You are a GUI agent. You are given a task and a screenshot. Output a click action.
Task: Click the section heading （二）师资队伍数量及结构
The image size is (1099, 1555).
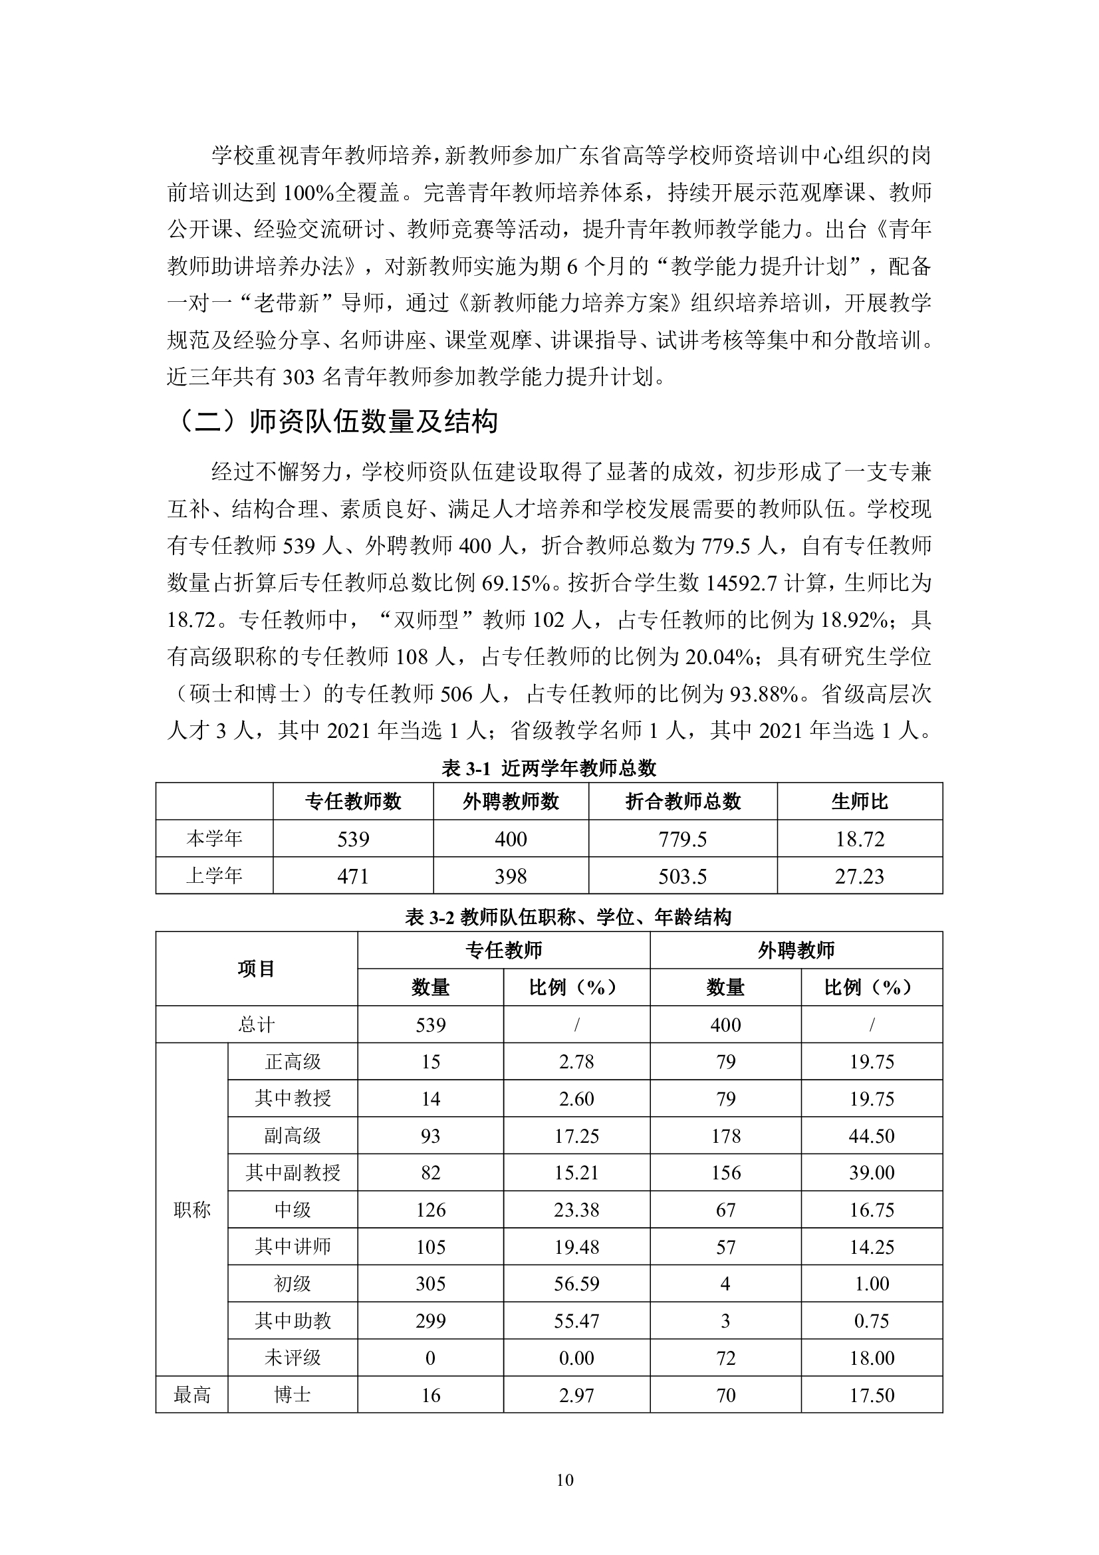(336, 421)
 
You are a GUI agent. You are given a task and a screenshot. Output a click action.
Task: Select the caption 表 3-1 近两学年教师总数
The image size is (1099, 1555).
(549, 768)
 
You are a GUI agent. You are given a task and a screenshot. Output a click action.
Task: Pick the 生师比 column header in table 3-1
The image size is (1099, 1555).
(859, 802)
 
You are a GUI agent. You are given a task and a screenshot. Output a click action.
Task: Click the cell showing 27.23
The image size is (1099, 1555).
(859, 876)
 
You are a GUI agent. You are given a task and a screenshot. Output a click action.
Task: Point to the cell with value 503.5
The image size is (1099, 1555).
(683, 876)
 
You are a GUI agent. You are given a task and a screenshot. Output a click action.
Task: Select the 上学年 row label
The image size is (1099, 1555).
(214, 876)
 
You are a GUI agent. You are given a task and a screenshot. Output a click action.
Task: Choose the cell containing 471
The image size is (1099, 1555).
(353, 876)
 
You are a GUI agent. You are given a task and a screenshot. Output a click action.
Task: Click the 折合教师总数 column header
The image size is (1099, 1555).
(683, 802)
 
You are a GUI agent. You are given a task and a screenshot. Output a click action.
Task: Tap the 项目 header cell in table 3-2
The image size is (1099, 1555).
(256, 969)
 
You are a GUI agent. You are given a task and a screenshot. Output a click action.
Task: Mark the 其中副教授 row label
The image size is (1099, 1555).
(293, 1172)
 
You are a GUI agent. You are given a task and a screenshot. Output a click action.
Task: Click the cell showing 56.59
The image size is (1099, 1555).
(576, 1283)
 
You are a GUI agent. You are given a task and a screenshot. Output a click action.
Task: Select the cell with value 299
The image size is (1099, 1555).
(431, 1321)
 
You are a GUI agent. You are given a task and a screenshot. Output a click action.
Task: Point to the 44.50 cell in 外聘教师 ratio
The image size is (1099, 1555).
(872, 1136)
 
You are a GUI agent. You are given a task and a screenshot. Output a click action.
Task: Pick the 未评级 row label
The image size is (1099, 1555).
(293, 1358)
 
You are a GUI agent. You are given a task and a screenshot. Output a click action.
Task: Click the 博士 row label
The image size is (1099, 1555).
(293, 1395)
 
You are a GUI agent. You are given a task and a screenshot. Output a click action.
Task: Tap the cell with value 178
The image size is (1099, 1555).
(725, 1136)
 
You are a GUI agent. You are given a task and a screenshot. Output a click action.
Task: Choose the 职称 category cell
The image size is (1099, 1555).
(191, 1209)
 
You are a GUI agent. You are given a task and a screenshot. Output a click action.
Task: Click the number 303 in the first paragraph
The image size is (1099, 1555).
(299, 376)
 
